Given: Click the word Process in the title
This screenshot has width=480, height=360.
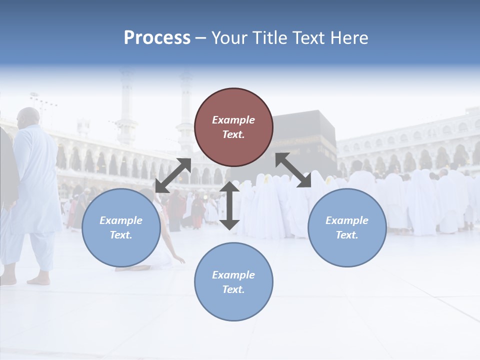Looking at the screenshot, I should pos(157,38).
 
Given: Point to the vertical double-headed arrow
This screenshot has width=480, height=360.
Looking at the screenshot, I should pos(229,205).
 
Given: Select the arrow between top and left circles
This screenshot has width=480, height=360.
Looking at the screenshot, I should pos(173,175).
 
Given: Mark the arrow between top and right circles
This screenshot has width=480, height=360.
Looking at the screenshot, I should pos(293,170).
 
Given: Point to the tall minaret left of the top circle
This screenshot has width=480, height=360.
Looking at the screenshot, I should pos(127,105).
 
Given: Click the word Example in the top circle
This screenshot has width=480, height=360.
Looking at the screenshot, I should pos(233,120).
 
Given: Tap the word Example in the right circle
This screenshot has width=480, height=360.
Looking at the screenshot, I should pos(347,220).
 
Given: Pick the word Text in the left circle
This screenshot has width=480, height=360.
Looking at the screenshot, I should pos(120,235).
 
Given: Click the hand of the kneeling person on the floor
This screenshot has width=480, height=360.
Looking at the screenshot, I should pos(181,260).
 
